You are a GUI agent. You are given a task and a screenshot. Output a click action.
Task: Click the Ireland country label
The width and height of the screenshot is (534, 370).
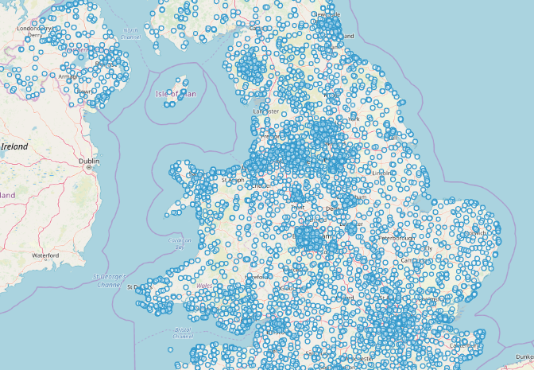click(15, 146)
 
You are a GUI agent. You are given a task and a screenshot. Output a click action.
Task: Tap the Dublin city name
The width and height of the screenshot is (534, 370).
click(89, 161)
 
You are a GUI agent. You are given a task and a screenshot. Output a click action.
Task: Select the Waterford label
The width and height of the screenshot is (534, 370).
click(45, 255)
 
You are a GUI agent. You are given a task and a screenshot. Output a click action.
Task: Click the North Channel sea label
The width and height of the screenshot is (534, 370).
click(130, 34)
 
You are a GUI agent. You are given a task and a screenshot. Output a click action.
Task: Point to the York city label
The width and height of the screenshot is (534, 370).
click(354, 119)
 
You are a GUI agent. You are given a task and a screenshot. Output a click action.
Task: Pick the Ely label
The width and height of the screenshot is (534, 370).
click(428, 247)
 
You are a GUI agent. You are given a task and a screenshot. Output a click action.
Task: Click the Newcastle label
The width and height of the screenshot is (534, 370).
click(327, 14)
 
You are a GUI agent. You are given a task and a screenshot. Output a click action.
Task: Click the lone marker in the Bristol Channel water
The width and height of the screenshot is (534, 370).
click(170, 349)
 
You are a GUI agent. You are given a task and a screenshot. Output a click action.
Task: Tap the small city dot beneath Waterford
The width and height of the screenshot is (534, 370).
click(46, 262)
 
